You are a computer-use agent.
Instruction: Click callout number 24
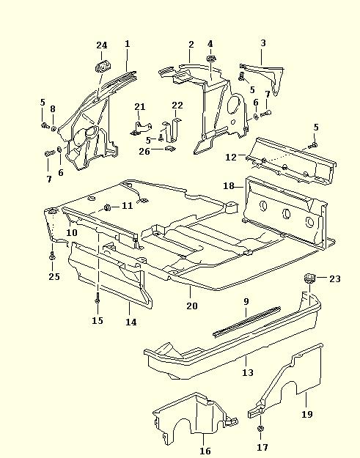102,45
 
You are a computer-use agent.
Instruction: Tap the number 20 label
192,306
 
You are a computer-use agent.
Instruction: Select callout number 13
248,372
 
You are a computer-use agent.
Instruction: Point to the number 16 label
205,451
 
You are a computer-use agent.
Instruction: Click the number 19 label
306,414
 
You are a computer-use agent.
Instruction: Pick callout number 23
335,279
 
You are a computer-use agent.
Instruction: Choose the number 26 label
144,151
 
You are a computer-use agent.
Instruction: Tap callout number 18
229,186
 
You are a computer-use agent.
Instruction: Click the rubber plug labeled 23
309,278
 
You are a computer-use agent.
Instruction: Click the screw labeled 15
98,299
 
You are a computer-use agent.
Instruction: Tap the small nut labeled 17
260,429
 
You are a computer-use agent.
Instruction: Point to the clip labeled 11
107,207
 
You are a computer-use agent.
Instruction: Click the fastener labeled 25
52,256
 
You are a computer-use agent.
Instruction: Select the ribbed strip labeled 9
247,321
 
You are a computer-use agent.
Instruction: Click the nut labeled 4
210,58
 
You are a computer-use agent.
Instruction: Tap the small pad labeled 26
170,148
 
